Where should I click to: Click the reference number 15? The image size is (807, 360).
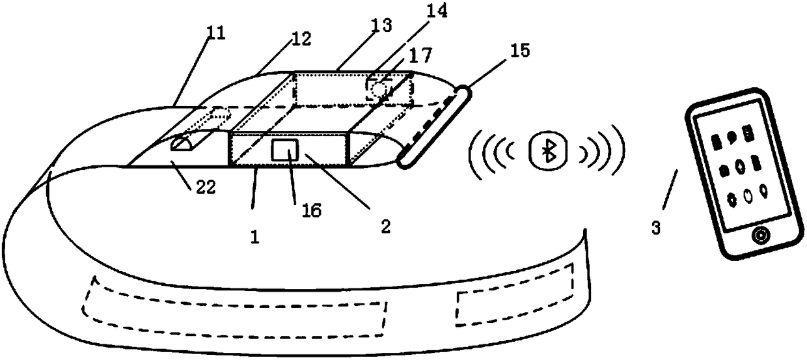(521, 49)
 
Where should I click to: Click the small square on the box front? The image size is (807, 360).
(284, 150)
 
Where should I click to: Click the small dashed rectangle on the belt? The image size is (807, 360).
(515, 297)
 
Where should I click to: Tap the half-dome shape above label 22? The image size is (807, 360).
(185, 142)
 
